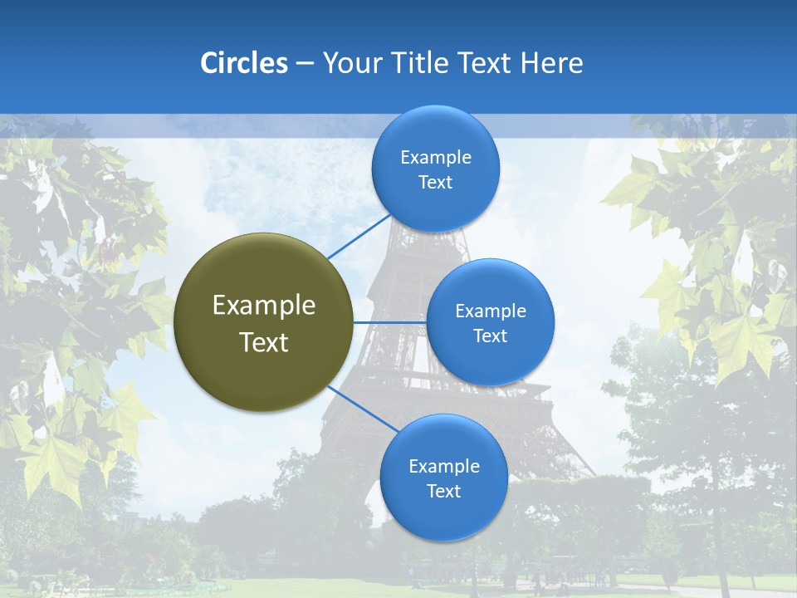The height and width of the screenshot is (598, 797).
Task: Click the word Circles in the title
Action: pos(243,63)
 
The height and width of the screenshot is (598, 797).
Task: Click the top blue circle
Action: pos(435,133)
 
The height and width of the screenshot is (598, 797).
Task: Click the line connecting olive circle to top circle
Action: pos(358,237)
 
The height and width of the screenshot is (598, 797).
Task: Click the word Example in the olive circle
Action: pos(263,306)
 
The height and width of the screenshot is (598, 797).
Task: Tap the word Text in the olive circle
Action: pos(263,342)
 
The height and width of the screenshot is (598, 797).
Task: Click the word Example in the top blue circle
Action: pos(435,158)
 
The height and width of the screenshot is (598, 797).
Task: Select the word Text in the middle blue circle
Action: pos(490,336)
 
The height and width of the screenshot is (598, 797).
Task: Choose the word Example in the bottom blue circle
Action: pos(443,466)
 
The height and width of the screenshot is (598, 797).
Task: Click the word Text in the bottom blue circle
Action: pos(443,492)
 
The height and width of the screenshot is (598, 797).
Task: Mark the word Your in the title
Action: pos(348,63)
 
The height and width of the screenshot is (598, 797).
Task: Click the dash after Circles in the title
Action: pos(305,64)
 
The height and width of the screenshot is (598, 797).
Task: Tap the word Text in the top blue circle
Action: pos(435,183)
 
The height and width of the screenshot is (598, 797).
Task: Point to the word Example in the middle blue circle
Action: pos(490,311)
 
